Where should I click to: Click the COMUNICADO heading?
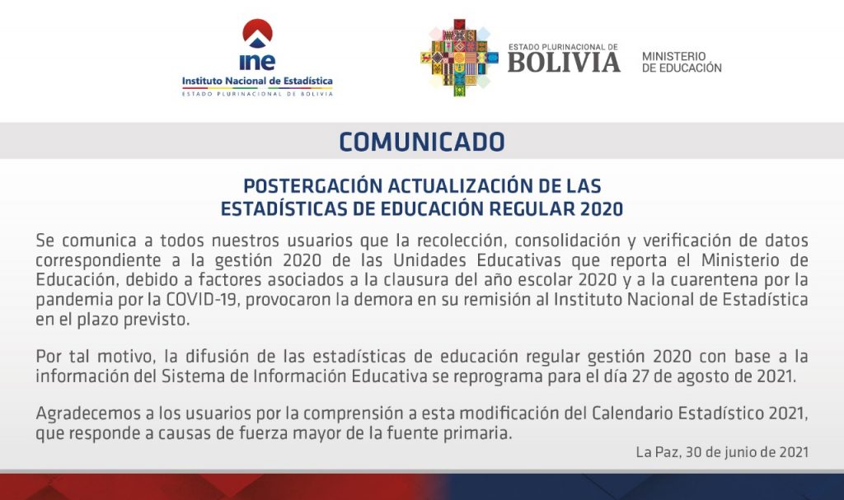tap(422, 142)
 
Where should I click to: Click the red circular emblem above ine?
tap(257, 34)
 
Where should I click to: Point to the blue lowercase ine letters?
tap(257, 62)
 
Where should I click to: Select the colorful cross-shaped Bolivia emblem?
tap(459, 58)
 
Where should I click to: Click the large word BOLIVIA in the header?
tap(564, 63)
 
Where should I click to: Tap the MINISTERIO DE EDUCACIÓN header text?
tap(682, 62)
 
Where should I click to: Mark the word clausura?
tap(417, 280)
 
